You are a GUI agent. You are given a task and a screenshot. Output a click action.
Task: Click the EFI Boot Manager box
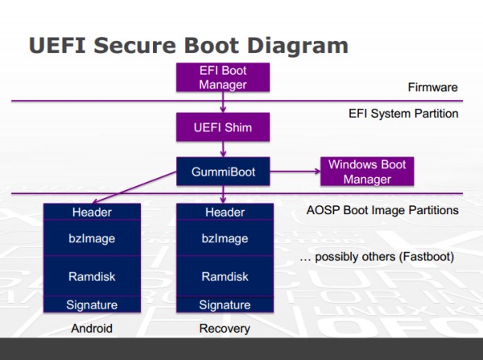click(x=223, y=77)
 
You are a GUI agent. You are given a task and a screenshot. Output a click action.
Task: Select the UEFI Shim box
click(x=223, y=127)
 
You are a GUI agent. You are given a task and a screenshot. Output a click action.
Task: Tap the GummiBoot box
click(x=223, y=172)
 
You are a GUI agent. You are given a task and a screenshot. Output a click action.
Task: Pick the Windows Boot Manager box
click(x=367, y=172)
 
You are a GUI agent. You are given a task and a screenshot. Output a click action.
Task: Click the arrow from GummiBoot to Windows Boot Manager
click(x=295, y=172)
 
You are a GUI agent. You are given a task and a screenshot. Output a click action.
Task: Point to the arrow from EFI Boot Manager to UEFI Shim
click(x=223, y=102)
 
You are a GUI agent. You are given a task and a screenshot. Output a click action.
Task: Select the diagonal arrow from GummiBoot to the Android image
click(x=134, y=188)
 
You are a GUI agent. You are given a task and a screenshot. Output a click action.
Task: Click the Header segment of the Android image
click(x=92, y=212)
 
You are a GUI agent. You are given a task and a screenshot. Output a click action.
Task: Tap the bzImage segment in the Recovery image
click(x=225, y=238)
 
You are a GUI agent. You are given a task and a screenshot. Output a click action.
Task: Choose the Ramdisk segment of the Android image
click(x=92, y=276)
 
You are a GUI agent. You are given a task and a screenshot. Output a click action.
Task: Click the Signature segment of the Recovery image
click(x=225, y=304)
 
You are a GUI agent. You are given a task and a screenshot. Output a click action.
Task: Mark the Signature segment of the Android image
click(x=92, y=304)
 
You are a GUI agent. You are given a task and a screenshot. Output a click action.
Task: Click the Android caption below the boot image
click(x=92, y=329)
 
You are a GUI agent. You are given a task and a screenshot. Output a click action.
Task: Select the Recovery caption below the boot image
click(x=225, y=329)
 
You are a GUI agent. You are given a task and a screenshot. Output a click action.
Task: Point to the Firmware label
click(x=433, y=87)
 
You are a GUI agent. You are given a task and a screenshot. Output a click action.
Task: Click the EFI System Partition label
click(x=403, y=114)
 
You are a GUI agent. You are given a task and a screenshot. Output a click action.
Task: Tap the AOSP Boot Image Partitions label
click(x=382, y=210)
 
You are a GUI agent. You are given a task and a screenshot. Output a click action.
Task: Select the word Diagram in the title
click(x=298, y=46)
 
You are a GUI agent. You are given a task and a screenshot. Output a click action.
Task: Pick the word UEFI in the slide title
click(x=57, y=45)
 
